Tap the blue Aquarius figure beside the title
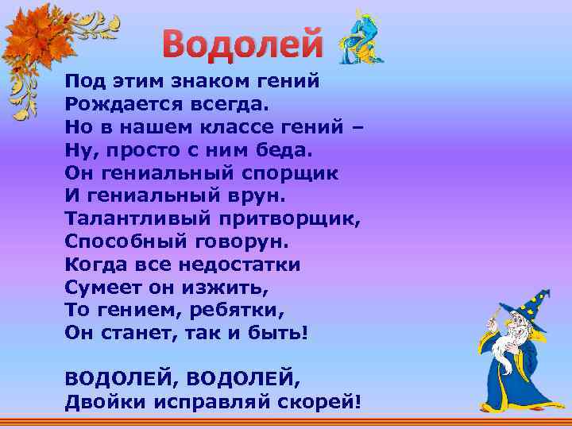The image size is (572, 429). [361, 38]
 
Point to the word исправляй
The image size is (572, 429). [214, 402]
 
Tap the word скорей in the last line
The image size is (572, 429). [321, 402]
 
